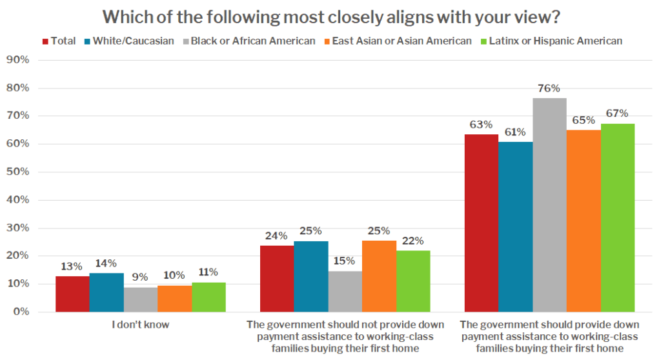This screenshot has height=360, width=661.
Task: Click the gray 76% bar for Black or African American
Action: pos(549,205)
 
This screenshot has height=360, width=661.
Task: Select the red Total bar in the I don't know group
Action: pos(72,294)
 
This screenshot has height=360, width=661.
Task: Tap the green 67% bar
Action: pos(618,218)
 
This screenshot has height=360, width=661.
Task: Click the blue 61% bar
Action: pos(515,227)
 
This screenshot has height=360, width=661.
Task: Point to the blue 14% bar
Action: pos(107,292)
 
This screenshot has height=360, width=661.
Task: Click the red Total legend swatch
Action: pos(46,41)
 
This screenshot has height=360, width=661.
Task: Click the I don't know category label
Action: pos(140,325)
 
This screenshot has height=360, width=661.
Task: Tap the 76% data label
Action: pos(549,88)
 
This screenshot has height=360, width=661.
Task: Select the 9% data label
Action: pos(141,277)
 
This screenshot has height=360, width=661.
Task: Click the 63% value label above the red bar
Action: pos(481,125)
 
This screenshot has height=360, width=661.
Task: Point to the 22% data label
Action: pos(413,241)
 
